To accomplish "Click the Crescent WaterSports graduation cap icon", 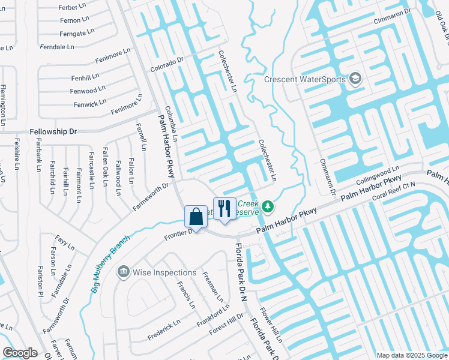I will (355, 79).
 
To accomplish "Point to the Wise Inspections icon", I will (124, 272).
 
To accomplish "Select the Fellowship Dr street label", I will (53, 131).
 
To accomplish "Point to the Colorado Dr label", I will (166, 65).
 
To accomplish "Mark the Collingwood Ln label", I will (378, 176).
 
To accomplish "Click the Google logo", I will (20, 353).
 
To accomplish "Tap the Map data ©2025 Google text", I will (412, 355).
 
